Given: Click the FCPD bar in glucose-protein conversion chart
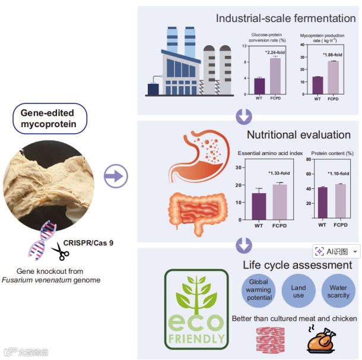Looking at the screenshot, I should point(275,76).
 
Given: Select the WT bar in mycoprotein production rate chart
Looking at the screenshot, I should point(317,86).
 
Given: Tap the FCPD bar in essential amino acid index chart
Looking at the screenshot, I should point(278,202).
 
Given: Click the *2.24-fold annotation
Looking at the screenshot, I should point(276,52).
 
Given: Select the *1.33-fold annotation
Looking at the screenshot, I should point(279,173).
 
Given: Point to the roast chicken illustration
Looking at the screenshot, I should point(322,341).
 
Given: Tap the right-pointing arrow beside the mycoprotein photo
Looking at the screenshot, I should point(116,175).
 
